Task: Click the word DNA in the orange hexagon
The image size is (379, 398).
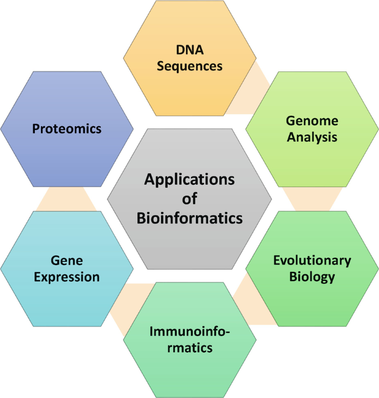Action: point(190,50)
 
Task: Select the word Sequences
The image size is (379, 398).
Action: point(189,66)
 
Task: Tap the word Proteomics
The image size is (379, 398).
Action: point(67,128)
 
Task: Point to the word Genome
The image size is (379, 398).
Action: point(312,121)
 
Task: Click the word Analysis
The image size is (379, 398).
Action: point(312,138)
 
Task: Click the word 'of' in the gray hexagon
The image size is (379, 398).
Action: point(189,199)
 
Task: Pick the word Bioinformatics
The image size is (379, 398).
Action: point(189,218)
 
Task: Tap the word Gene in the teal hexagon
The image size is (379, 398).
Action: point(67,261)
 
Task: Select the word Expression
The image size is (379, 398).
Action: point(67,277)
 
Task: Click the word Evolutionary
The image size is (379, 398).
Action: point(312,261)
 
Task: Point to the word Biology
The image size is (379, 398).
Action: point(312,277)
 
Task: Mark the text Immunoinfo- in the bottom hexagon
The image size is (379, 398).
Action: point(189,332)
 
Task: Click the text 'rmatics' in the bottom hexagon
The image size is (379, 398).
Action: point(190,348)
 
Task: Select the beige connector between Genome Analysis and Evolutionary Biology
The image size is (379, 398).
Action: point(313,199)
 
